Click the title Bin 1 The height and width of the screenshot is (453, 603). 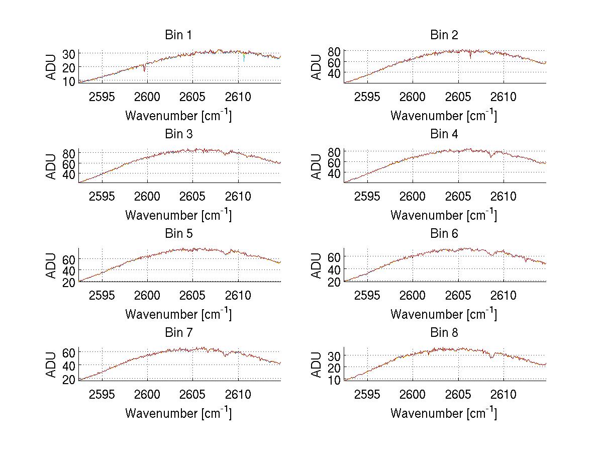point(178,35)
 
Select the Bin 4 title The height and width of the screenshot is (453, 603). point(444,134)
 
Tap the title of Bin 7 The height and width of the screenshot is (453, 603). point(178,333)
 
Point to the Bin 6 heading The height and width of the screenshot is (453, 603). point(444,234)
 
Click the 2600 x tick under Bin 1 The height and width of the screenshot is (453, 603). point(148,97)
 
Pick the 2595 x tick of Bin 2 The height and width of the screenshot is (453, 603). point(367,97)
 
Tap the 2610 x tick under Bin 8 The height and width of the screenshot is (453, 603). point(504,395)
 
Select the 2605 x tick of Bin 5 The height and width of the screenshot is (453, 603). point(193,296)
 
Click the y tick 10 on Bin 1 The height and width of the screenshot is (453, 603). point(69,81)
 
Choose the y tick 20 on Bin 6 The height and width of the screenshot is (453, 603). point(334,282)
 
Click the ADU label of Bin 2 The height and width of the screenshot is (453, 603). point(317,67)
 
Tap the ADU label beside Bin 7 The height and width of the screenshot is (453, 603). point(51,365)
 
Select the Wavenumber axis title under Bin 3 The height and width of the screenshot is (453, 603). point(178,215)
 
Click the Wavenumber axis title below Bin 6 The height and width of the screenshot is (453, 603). point(444,314)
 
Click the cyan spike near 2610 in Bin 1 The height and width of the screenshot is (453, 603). point(244,58)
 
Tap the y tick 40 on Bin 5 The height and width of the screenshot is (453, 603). point(69,270)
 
